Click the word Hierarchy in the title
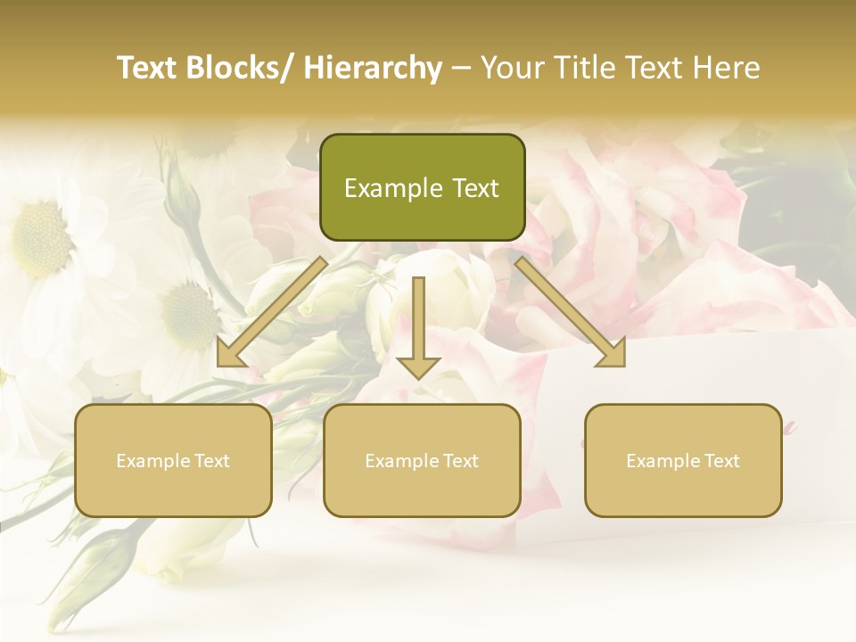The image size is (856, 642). (x=374, y=68)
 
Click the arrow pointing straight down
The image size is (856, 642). (x=418, y=330)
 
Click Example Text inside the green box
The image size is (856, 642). (x=422, y=188)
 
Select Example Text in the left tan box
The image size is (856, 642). (x=173, y=461)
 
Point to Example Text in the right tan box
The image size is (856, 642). (x=683, y=461)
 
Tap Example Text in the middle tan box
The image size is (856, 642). (x=422, y=461)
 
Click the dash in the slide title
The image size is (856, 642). (x=461, y=68)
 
